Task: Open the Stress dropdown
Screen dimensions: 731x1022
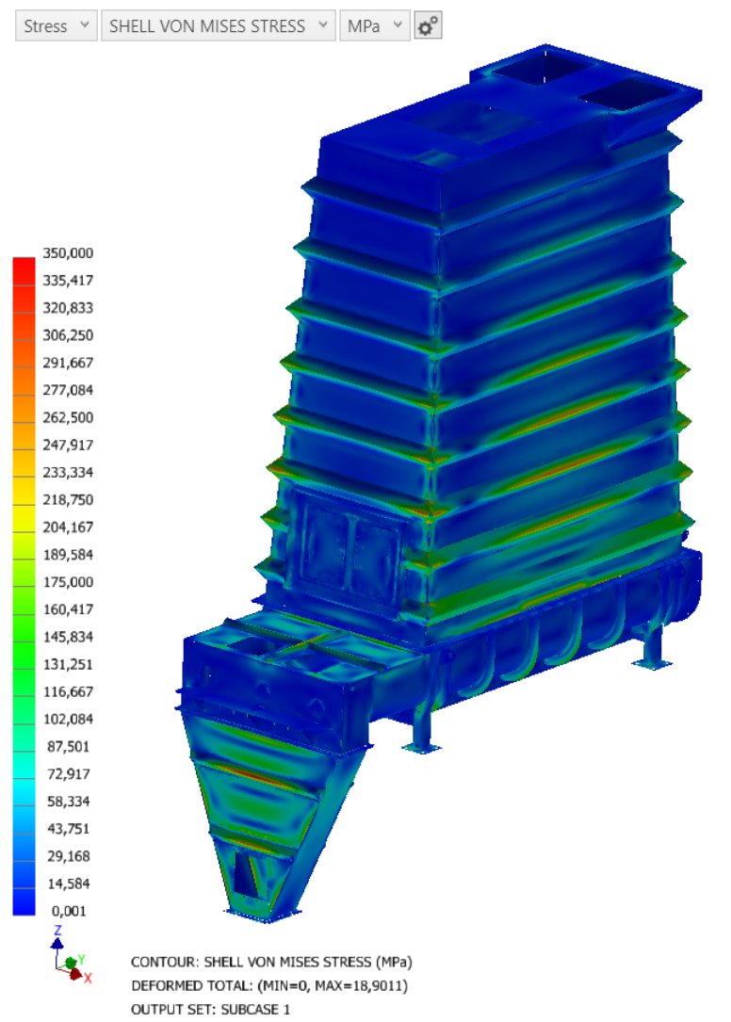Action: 57,26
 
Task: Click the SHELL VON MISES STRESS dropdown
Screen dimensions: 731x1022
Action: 219,26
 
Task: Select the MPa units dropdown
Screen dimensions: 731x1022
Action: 375,26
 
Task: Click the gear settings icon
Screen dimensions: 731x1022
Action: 428,26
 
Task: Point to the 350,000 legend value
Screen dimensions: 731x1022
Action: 68,252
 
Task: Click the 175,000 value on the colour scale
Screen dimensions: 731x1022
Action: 68,582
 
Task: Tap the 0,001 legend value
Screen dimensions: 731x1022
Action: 69,911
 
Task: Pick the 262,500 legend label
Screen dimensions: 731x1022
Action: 68,417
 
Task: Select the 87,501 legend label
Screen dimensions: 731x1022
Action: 68,746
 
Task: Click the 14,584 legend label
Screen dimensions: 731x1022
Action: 68,884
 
